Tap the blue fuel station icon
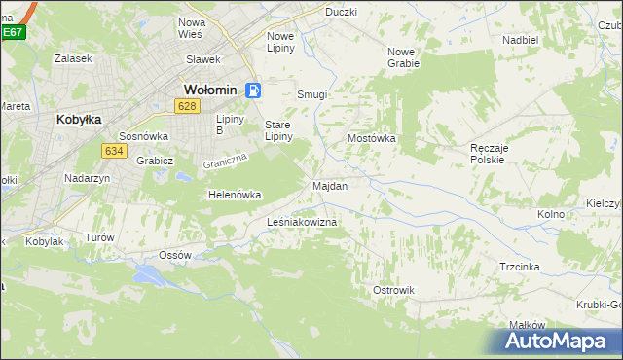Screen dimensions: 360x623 click(253, 90)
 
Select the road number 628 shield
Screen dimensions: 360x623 click(188, 106)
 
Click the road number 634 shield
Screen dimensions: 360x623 click(114, 150)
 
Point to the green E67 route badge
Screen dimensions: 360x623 click(12, 32)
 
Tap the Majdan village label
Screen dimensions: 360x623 click(330, 185)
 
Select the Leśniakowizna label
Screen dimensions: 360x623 click(302, 223)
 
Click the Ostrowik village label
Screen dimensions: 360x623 click(393, 290)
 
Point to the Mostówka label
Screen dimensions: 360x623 click(372, 138)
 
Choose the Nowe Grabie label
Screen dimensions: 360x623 click(403, 57)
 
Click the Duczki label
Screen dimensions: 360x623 click(342, 12)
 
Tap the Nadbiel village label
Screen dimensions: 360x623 click(521, 40)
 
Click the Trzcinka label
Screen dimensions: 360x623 click(520, 266)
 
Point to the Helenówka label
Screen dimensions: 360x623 click(236, 195)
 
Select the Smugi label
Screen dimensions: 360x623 click(311, 95)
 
